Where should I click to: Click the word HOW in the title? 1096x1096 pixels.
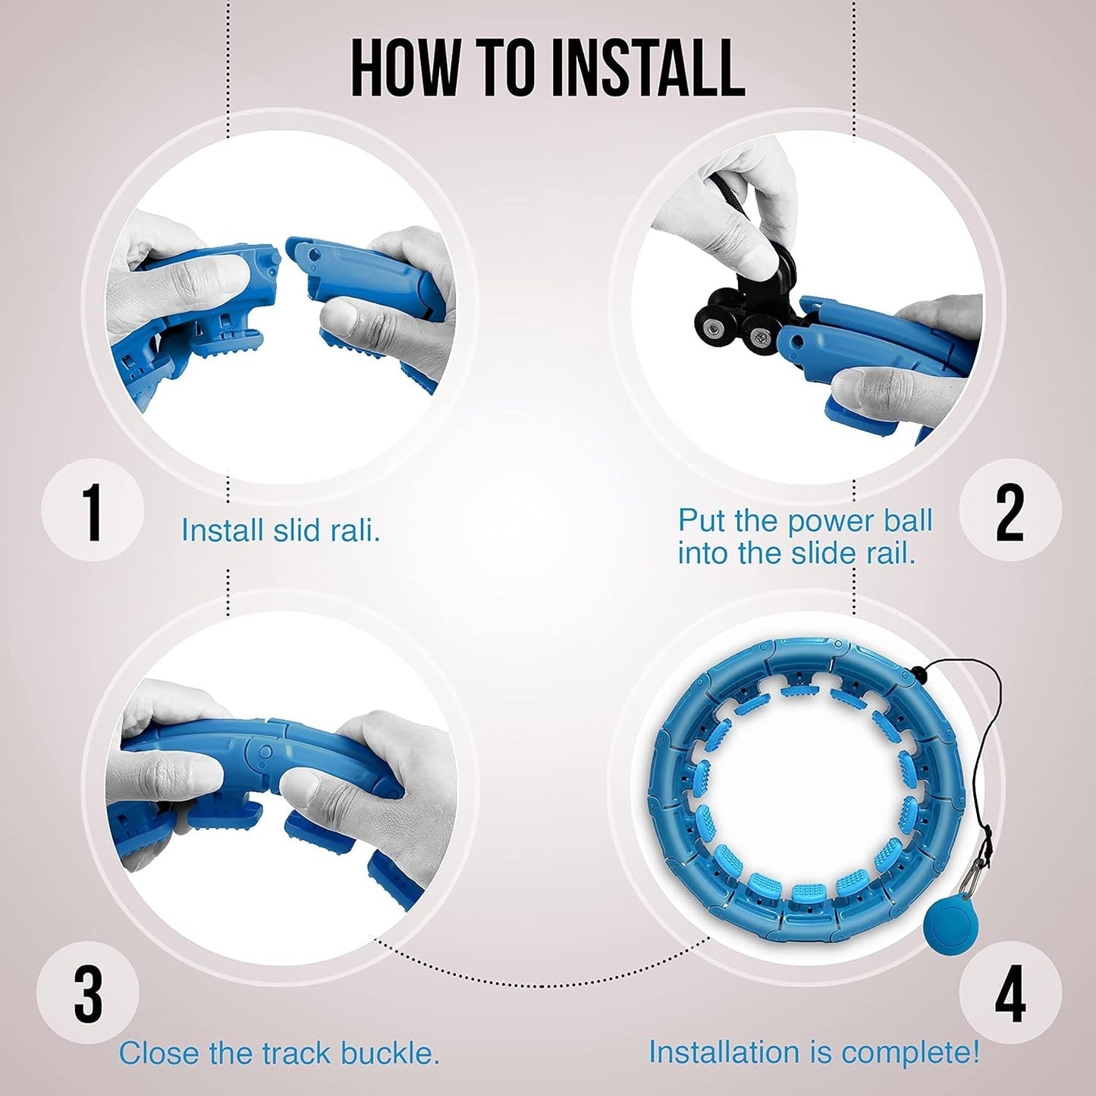404,67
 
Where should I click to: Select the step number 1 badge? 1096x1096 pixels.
93,510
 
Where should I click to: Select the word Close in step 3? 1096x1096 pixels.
158,1038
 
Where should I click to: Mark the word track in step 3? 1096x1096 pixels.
294,1038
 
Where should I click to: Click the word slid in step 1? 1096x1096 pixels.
297,530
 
